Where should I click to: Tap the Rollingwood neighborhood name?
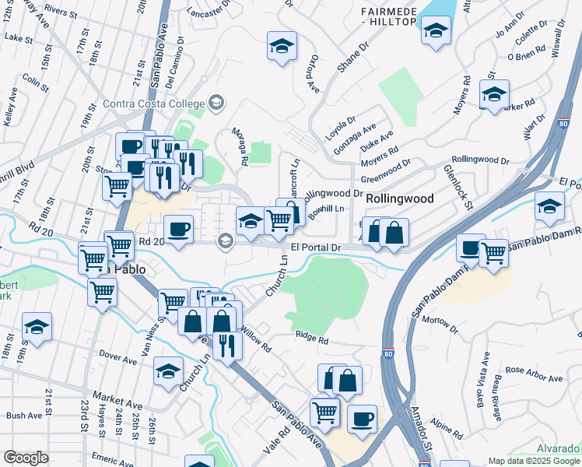click(x=400, y=198)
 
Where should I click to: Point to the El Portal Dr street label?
click(x=316, y=248)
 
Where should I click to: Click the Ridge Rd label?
click(x=312, y=339)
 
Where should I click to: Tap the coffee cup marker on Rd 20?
click(x=179, y=229)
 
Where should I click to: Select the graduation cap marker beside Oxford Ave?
click(x=282, y=46)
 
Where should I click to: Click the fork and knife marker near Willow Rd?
click(x=226, y=344)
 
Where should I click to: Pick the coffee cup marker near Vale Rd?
click(x=362, y=419)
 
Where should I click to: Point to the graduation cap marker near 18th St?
click(x=37, y=327)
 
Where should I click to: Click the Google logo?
click(x=26, y=458)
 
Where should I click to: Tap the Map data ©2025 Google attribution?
click(x=534, y=461)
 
